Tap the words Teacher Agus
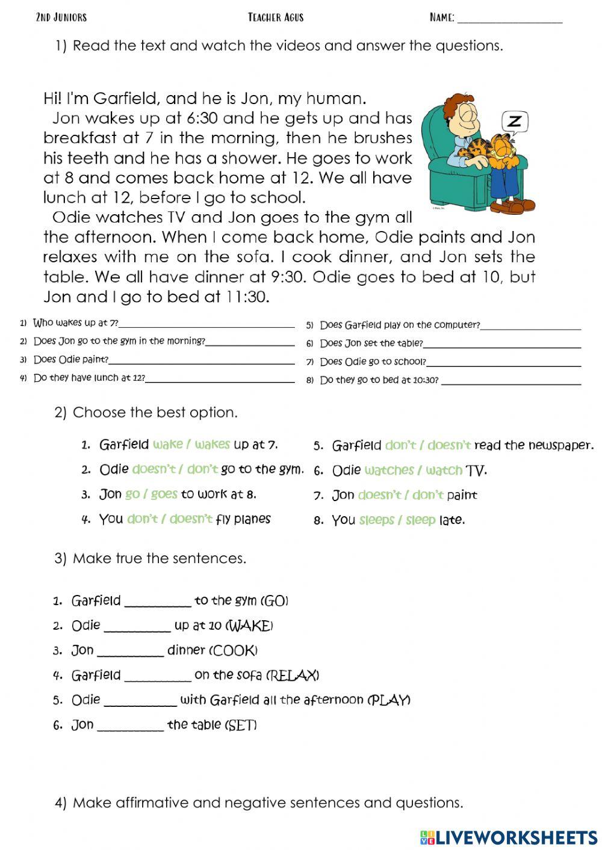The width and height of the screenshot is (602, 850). (276, 17)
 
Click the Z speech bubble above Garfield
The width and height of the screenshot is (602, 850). (514, 122)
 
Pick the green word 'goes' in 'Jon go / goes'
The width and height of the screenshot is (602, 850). (164, 494)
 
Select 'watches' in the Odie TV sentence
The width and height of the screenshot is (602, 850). (389, 470)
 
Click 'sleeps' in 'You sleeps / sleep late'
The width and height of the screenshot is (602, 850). (376, 520)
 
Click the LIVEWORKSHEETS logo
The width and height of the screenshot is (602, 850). (509, 837)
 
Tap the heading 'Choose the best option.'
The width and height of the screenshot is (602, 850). (155, 413)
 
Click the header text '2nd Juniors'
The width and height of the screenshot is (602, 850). (61, 17)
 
